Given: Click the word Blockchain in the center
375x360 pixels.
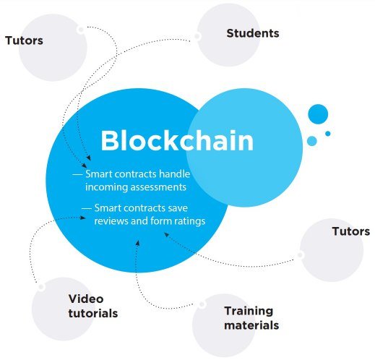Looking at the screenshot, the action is [x=177, y=140].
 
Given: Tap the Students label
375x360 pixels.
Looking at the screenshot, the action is [x=253, y=33].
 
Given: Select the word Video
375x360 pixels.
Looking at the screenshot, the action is [x=86, y=299].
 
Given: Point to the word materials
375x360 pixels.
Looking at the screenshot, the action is [x=251, y=325].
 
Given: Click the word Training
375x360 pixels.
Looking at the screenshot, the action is [x=249, y=312].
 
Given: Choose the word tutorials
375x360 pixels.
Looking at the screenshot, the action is [x=93, y=313].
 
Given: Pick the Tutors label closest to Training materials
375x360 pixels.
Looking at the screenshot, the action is [x=351, y=231].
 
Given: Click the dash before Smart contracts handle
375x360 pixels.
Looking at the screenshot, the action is [x=77, y=174].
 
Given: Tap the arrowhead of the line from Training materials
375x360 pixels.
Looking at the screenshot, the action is [x=137, y=243].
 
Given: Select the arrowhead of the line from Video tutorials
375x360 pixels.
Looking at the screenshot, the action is [x=83, y=218].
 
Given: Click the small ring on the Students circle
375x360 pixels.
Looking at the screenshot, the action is [x=197, y=36].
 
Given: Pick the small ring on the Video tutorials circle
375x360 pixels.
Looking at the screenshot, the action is [x=41, y=287].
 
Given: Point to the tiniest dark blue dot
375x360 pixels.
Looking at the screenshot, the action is [x=327, y=134].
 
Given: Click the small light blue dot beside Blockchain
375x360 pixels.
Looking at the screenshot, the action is [x=312, y=141].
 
